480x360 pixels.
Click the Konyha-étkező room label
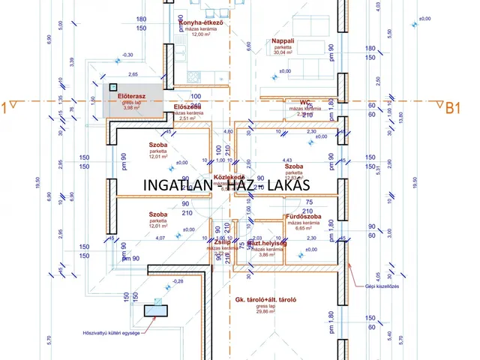click(202, 22)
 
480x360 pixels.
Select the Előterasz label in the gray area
click(132, 97)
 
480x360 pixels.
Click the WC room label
click(305, 102)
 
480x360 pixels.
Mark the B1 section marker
click(452, 108)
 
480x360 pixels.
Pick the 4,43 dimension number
click(286, 159)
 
